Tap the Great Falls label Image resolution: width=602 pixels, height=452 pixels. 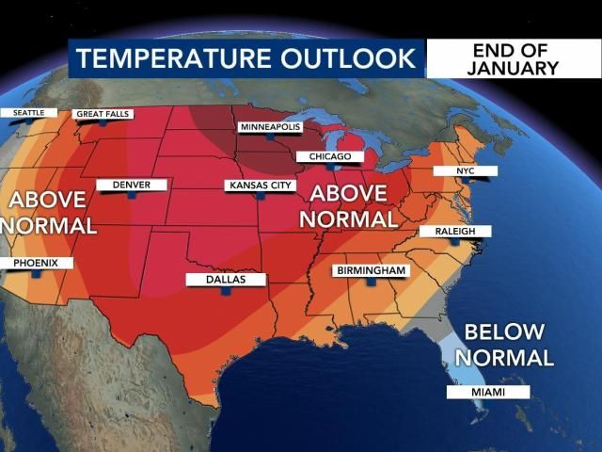click(103, 114)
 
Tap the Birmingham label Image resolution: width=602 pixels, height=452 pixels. click(372, 271)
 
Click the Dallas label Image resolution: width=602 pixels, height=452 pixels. click(226, 280)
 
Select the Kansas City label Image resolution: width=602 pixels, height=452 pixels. click(261, 186)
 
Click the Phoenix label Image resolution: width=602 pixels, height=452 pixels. click(36, 263)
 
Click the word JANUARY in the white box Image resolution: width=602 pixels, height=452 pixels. click(515, 68)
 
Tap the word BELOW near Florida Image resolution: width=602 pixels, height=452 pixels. click(505, 332)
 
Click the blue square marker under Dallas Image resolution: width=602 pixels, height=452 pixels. click(226, 292)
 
